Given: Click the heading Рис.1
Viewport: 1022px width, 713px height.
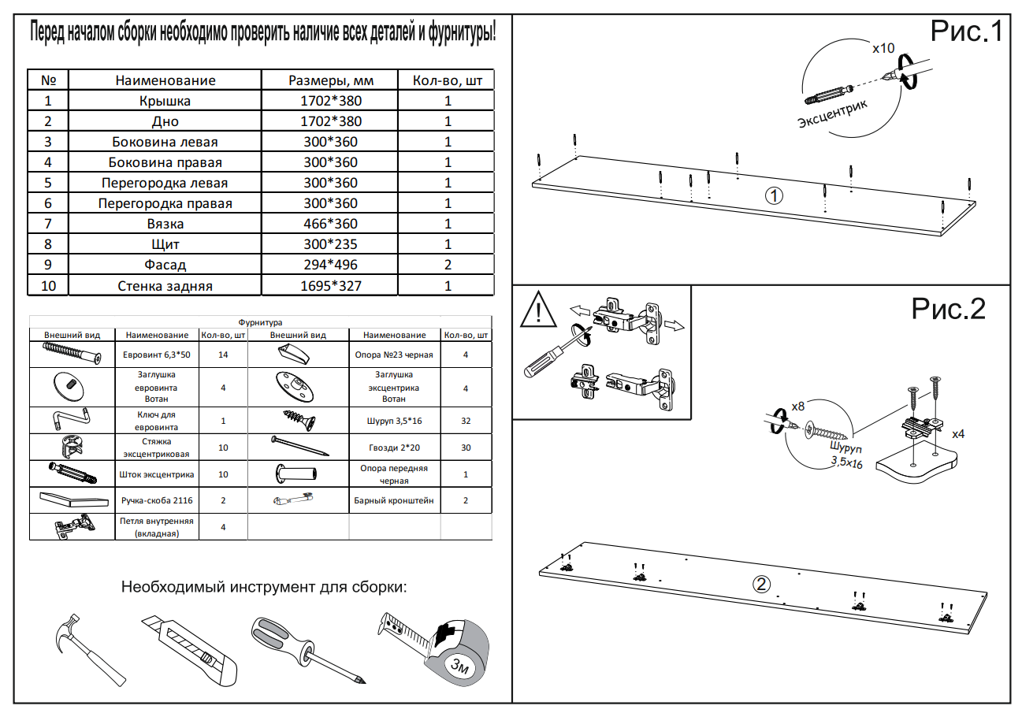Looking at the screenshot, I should click(966, 32).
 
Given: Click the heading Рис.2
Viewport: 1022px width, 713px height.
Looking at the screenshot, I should click(949, 309).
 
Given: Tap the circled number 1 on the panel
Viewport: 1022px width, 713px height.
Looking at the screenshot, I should click(774, 195).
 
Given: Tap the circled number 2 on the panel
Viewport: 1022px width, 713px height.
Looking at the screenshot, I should click(761, 585).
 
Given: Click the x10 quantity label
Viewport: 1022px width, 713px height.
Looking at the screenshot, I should click(883, 48).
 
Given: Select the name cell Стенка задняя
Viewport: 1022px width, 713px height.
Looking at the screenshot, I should click(165, 286).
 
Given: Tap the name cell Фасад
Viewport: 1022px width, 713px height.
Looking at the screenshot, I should click(165, 266).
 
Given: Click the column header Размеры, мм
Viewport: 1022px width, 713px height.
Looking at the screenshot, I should click(330, 80).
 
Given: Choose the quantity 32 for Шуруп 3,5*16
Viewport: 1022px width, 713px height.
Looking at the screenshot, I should click(466, 421).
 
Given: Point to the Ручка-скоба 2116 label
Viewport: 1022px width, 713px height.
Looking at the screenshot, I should click(157, 500).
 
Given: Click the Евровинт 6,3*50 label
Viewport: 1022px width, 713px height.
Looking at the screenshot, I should click(157, 355).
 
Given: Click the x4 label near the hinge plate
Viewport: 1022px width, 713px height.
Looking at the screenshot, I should click(958, 434).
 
